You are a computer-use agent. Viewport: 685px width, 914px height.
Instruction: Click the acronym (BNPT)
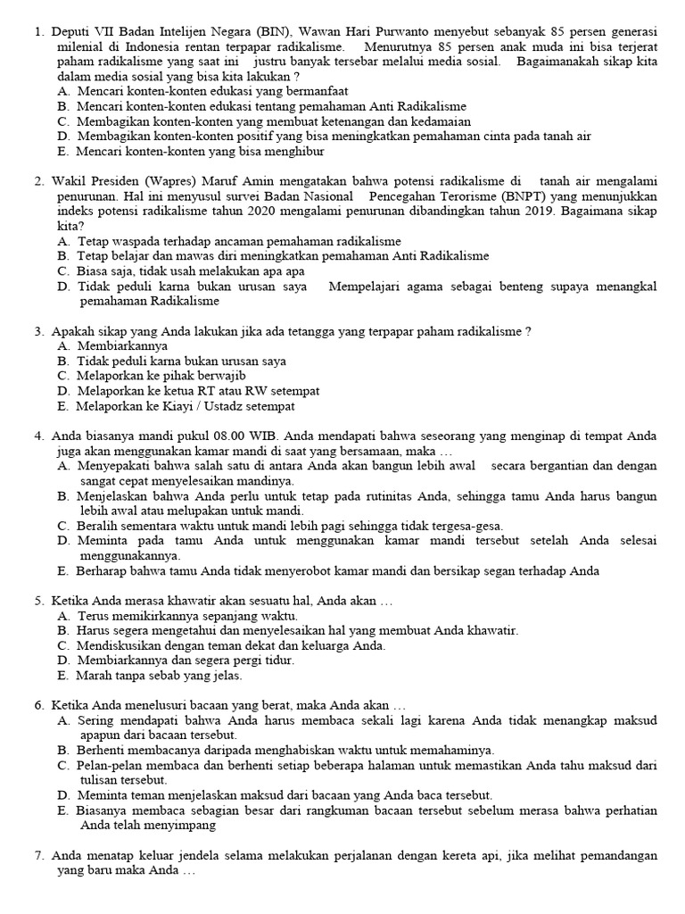click(524, 196)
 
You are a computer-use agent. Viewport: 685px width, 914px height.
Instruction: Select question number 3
click(39, 331)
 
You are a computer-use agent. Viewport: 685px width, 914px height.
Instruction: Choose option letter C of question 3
click(62, 376)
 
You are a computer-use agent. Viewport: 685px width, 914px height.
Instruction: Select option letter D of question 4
click(62, 541)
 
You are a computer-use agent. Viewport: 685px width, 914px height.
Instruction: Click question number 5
click(39, 601)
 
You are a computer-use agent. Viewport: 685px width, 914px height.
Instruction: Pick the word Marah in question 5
click(95, 676)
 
